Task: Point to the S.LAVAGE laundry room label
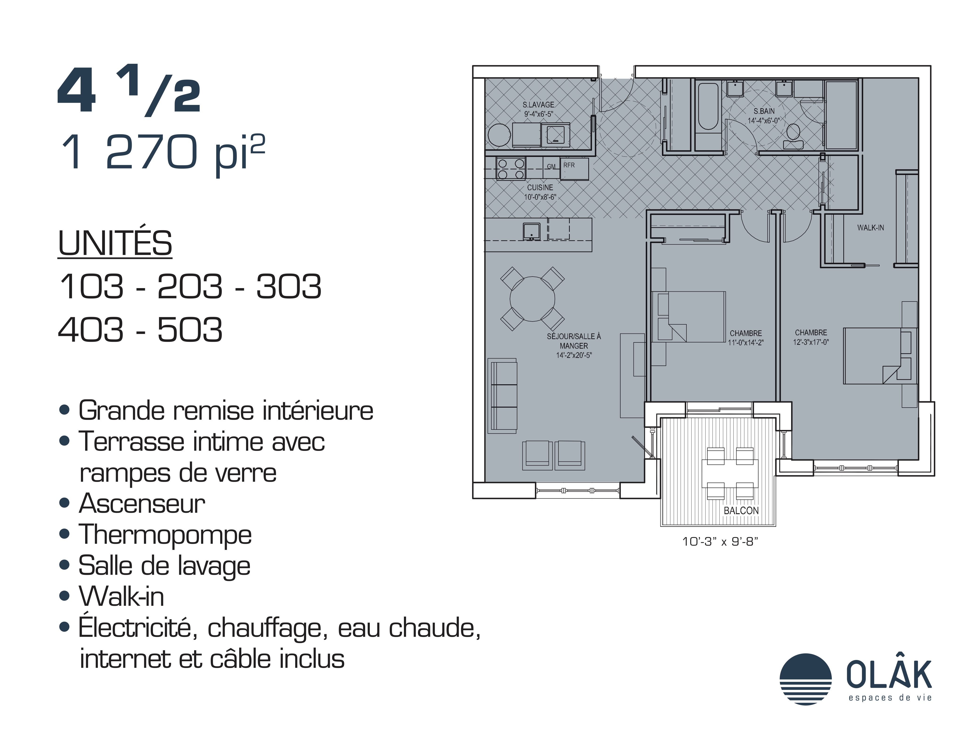(x=538, y=105)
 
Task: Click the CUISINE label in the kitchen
(x=540, y=187)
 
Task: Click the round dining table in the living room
(x=532, y=299)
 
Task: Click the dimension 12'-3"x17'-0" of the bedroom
(x=811, y=342)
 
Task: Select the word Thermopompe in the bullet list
(x=165, y=535)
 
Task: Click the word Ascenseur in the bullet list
(x=142, y=504)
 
